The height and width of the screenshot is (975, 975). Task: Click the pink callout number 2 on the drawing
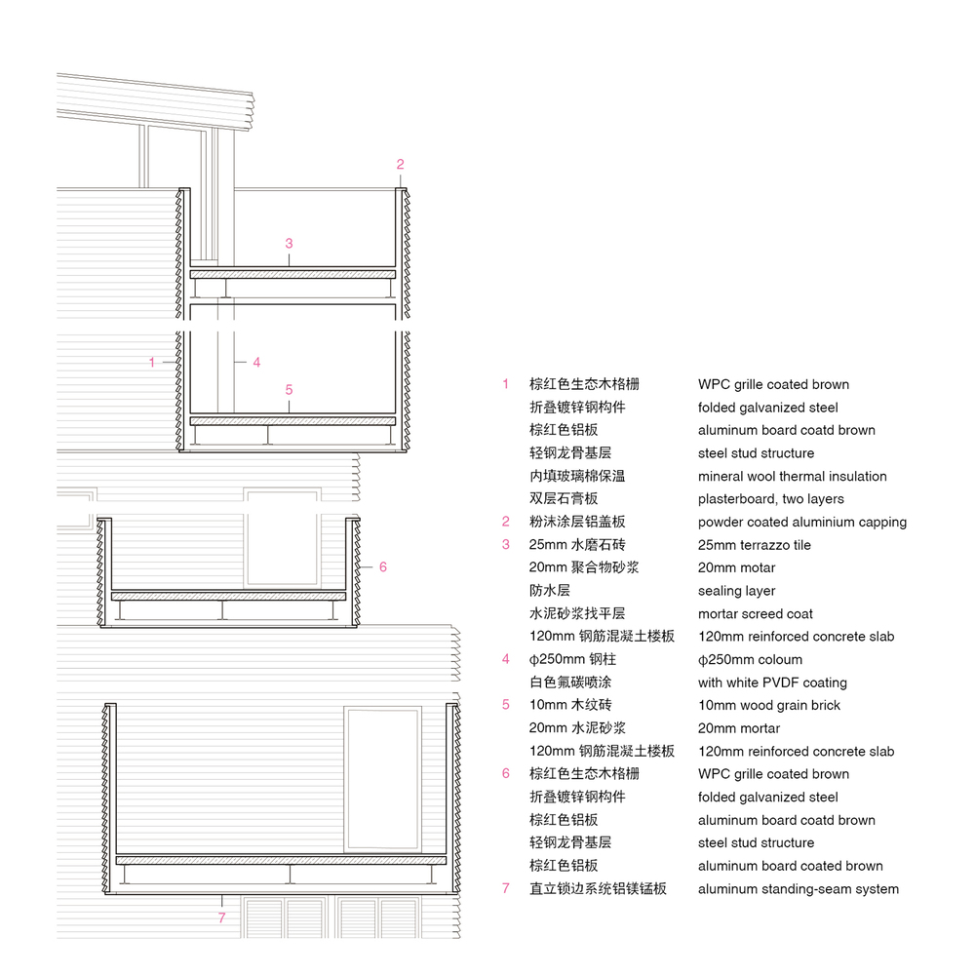tap(400, 164)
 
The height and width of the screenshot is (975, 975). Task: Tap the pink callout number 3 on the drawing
tap(289, 243)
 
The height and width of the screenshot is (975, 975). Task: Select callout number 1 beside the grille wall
tap(152, 362)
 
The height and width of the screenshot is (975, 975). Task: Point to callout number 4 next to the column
tap(256, 362)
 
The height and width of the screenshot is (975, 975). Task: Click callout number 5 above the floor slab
tap(289, 390)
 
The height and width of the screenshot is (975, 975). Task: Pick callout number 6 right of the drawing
tap(383, 567)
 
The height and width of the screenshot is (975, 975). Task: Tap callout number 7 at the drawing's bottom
tap(221, 917)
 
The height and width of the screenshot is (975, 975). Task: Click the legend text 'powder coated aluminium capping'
tap(802, 523)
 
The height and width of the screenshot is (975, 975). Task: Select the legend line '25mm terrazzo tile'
tap(755, 545)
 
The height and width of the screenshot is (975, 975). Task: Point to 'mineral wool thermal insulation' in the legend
tap(792, 477)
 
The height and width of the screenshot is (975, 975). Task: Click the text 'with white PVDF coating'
tap(772, 682)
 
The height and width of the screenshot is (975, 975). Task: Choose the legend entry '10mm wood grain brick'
tap(769, 705)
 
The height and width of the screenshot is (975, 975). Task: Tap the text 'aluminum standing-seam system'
tap(799, 889)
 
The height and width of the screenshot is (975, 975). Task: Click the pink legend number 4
tap(505, 659)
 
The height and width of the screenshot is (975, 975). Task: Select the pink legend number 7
tap(505, 888)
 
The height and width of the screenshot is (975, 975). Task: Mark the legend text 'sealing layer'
tap(737, 591)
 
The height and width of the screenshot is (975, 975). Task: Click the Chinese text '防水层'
tap(550, 590)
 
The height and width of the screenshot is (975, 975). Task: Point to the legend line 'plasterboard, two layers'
tap(771, 499)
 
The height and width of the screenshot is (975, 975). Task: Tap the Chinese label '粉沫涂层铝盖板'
tap(577, 522)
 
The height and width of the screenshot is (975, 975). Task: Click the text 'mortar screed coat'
tap(756, 614)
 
